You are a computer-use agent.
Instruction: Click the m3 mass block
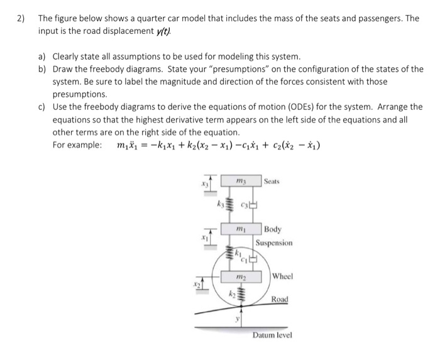point(238,182)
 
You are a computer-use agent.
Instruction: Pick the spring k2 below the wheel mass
point(237,296)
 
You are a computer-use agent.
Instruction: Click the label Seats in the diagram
point(272,181)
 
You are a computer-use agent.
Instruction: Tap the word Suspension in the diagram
point(275,243)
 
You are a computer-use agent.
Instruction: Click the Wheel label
point(283,276)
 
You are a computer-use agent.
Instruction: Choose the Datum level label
point(272,335)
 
